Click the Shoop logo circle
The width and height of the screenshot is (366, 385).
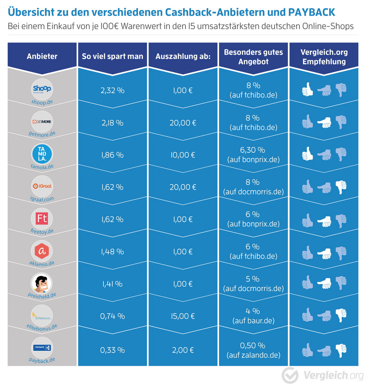click(x=42, y=89)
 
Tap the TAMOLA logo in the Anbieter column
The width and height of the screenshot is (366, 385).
click(x=42, y=154)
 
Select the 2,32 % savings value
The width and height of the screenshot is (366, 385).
click(x=112, y=90)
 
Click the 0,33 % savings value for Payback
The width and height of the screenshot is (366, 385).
click(x=112, y=350)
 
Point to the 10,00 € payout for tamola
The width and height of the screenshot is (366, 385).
click(x=183, y=155)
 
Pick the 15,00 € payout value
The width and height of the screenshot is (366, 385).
click(x=183, y=316)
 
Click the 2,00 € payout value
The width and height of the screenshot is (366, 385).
click(x=183, y=350)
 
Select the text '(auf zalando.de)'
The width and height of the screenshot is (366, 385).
click(x=253, y=355)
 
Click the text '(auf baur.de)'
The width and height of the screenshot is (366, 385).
click(x=253, y=321)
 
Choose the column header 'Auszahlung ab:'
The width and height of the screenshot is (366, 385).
click(x=183, y=56)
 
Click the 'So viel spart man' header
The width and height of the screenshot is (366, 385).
click(x=112, y=56)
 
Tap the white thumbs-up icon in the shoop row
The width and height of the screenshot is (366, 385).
click(x=307, y=90)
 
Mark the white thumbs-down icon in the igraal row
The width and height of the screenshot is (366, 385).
click(x=341, y=187)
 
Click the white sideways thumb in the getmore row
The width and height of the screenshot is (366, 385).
click(x=324, y=122)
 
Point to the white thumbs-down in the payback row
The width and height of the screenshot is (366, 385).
click(x=341, y=350)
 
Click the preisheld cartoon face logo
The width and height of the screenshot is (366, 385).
click(x=42, y=283)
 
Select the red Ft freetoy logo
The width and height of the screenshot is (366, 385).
click(x=42, y=218)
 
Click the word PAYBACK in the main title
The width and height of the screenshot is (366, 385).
click(x=311, y=12)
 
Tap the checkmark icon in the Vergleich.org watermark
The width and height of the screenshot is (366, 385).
click(x=290, y=375)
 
